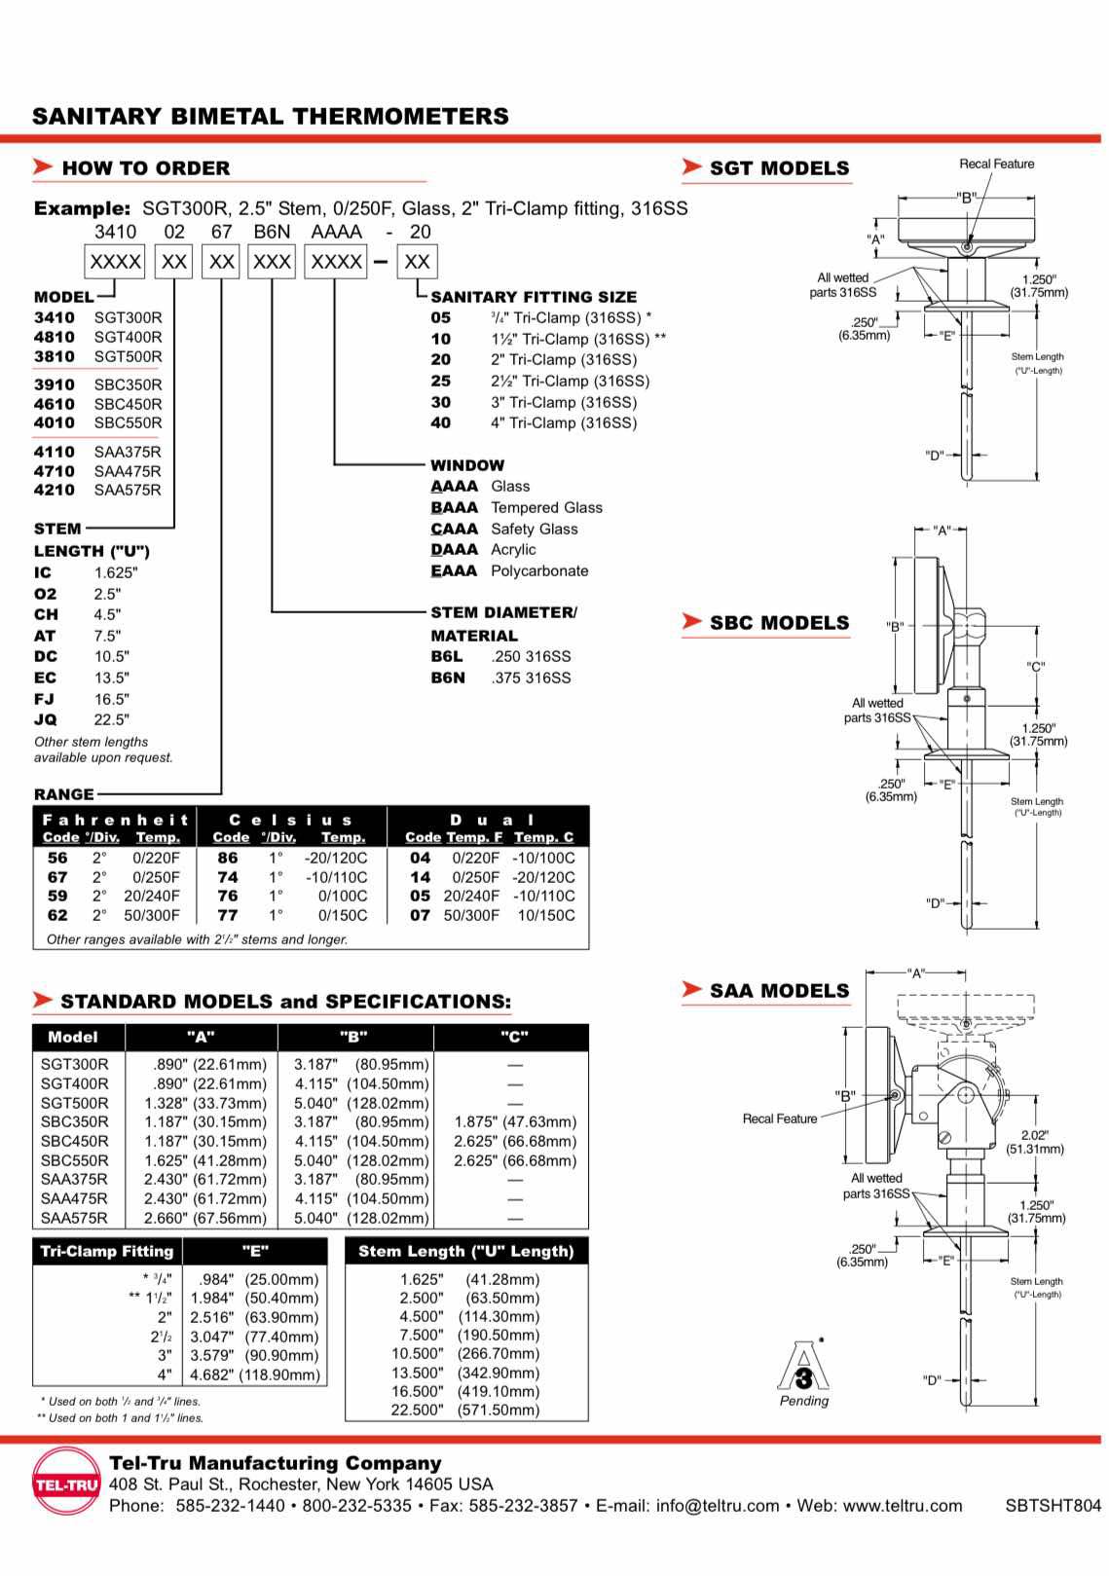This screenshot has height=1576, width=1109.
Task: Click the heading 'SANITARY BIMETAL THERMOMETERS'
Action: tap(270, 117)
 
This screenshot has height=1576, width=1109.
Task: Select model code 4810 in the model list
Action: tap(55, 337)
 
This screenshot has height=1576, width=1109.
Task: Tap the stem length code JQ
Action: tap(46, 719)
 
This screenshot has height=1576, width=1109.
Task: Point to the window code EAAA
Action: tap(454, 570)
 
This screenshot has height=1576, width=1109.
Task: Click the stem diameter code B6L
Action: tap(447, 656)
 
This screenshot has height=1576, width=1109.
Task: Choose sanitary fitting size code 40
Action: tap(441, 422)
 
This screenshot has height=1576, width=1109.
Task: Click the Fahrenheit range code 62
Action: tap(58, 915)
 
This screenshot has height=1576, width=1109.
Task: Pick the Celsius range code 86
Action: tap(228, 858)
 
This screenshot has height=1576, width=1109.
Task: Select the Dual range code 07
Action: tap(420, 915)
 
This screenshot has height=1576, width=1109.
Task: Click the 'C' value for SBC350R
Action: tap(515, 1121)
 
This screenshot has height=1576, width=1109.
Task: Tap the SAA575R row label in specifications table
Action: tap(75, 1218)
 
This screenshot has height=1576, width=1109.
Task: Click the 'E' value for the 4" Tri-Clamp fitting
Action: tap(255, 1374)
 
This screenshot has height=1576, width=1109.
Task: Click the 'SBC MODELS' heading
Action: tap(779, 623)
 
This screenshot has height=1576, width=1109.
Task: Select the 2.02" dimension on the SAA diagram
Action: tap(1034, 1135)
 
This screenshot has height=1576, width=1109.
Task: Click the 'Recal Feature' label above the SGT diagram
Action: tap(996, 164)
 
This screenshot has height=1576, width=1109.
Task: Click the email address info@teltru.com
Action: tap(717, 1506)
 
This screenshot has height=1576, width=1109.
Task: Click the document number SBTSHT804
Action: tap(1053, 1506)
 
